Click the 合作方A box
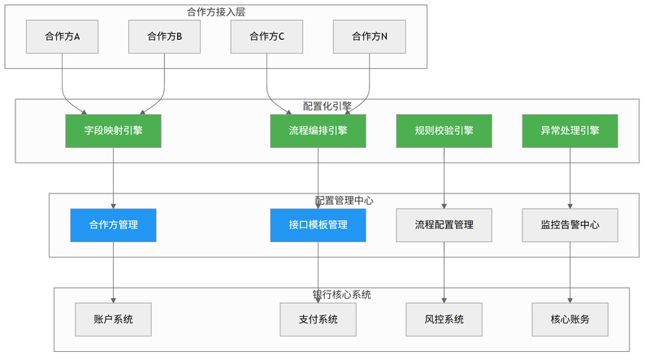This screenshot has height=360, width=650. coord(63,37)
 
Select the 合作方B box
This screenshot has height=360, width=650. coord(165,37)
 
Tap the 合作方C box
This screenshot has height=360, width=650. coord(267,37)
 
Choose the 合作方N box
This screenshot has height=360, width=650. coord(370,37)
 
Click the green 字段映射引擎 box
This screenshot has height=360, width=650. coord(113,131)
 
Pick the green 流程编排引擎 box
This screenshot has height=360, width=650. coord(318,131)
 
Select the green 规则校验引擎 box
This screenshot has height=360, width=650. coord(444,131)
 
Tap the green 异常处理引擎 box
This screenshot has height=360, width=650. coord(570,131)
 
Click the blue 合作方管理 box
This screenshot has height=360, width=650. coord(113,225)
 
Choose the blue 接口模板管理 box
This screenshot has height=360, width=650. coord(318,225)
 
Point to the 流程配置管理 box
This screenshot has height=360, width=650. coord(444,225)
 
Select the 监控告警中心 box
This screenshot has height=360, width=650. coord(570,225)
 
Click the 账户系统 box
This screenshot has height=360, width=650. coord(113,319)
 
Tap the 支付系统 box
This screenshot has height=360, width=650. coord(318,319)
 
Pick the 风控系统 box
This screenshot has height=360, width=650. coord(444,319)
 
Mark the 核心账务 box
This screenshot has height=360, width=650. coord(570,319)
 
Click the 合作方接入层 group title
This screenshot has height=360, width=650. coord(216,12)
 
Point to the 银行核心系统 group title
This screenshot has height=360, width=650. coord(341,295)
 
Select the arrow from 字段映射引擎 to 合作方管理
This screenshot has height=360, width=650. coord(113,178)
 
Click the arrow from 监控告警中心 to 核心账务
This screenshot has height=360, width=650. coord(570,272)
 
